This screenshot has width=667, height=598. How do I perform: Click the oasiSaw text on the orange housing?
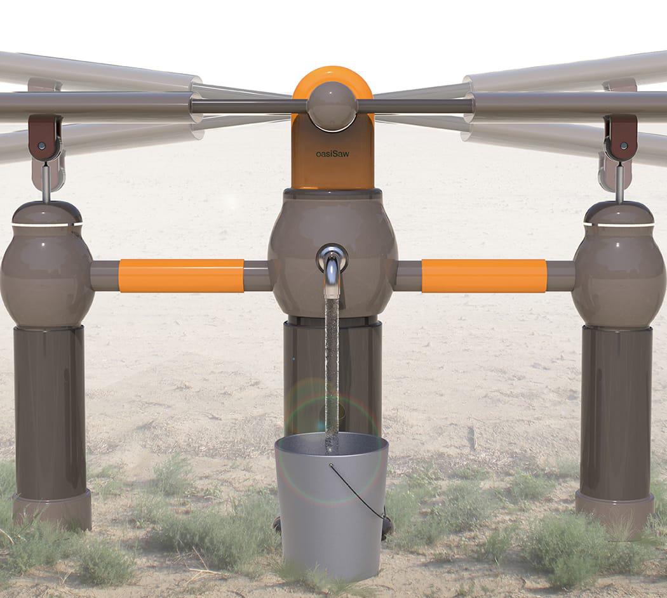[332, 154]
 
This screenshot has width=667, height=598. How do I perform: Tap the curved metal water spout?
[332, 270]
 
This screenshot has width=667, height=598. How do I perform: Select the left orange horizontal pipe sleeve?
[181, 276]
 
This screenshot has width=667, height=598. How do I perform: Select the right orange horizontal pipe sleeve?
[484, 276]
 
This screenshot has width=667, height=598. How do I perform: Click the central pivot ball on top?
[332, 106]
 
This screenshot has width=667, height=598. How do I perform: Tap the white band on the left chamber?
[47, 225]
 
